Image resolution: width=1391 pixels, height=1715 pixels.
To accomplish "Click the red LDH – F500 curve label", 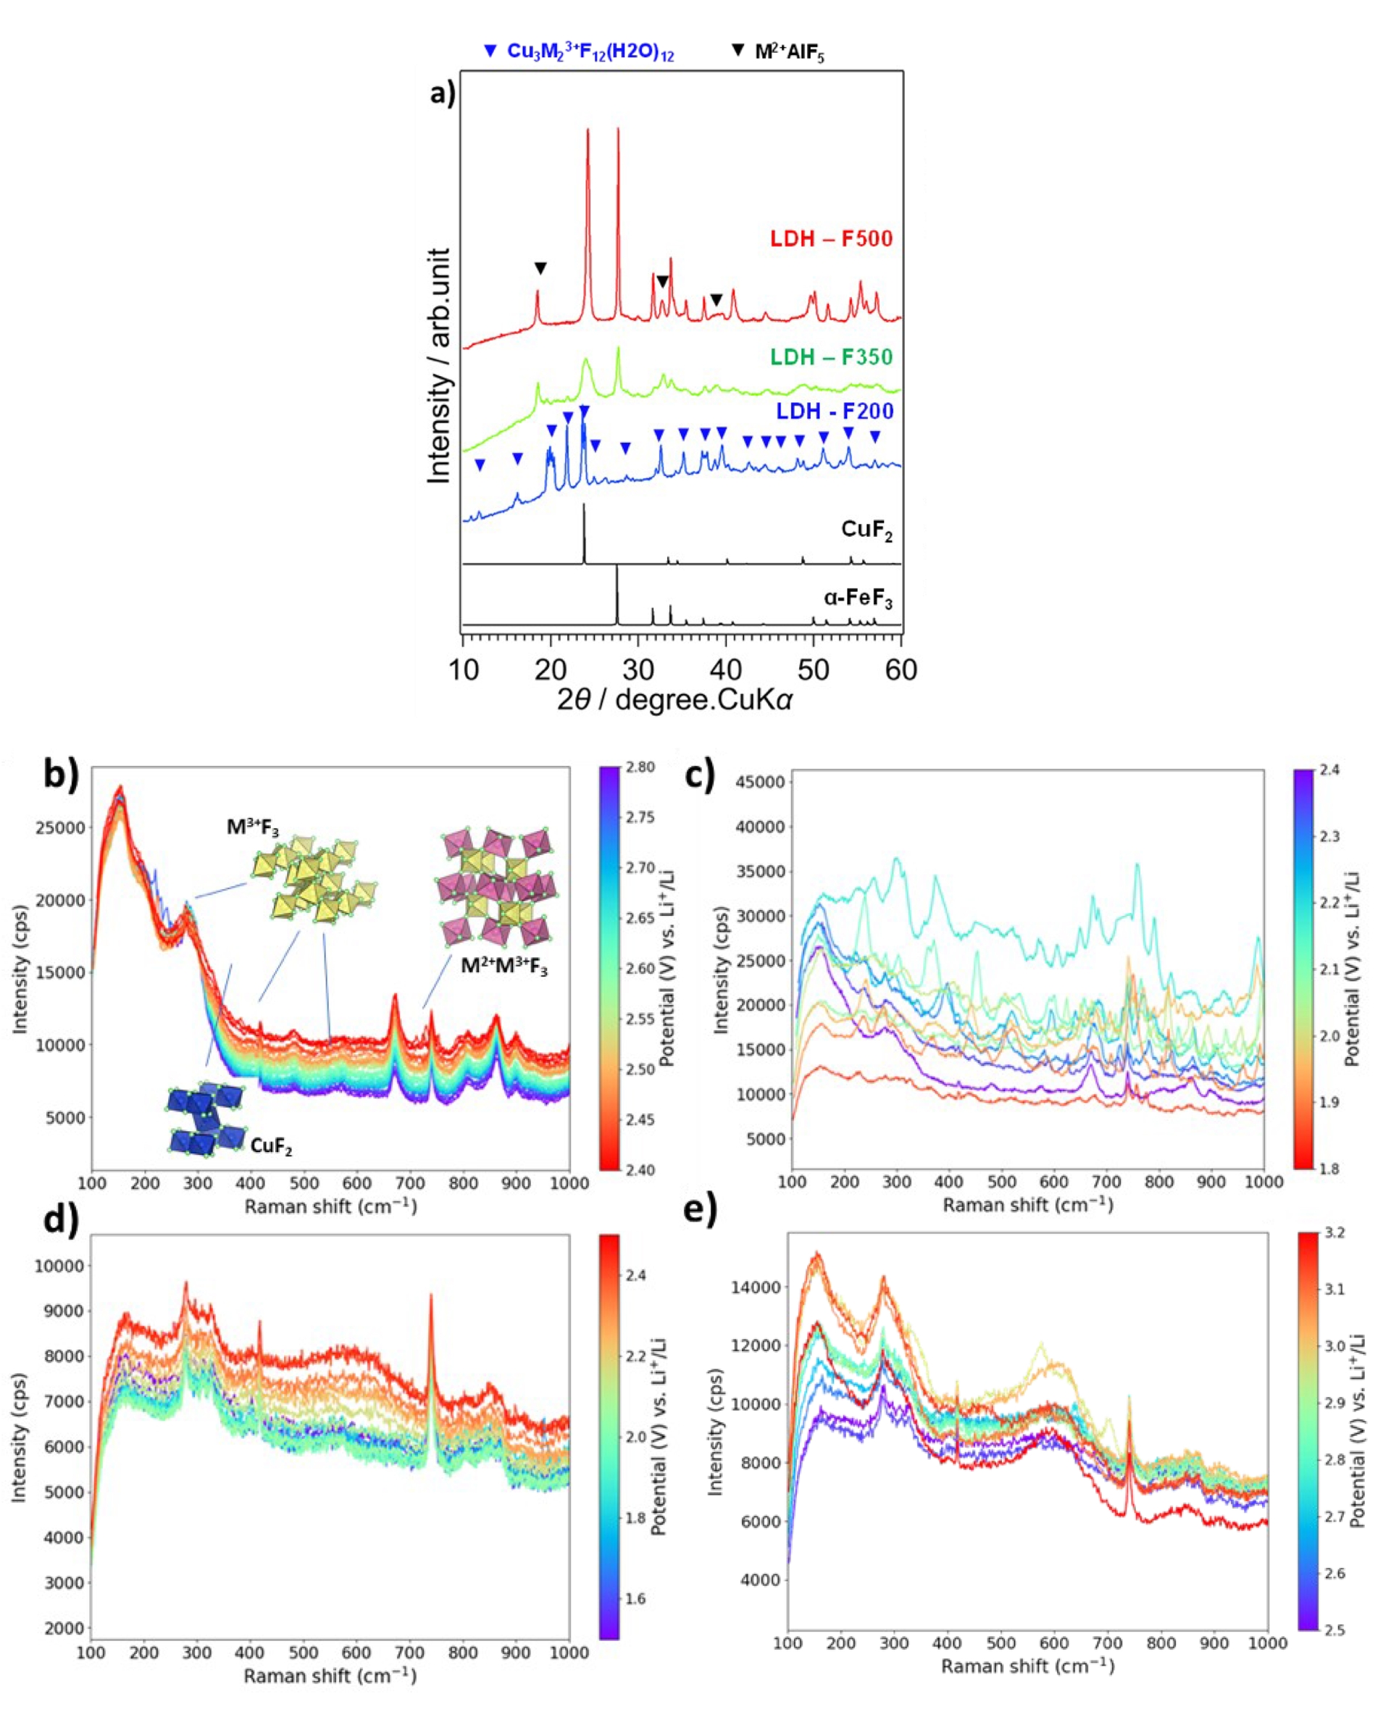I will pyautogui.click(x=831, y=239).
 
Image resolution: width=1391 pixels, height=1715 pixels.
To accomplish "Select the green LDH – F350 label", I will pyautogui.click(x=831, y=356).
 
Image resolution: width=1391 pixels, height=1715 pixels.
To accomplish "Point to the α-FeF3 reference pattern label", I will pyautogui.click(x=857, y=598).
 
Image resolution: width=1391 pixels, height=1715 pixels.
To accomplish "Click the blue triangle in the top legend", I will pyautogui.click(x=490, y=51).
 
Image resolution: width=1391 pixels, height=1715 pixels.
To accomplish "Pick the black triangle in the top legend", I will pyautogui.click(x=738, y=51).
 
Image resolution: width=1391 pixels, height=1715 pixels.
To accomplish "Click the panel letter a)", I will pyautogui.click(x=443, y=93).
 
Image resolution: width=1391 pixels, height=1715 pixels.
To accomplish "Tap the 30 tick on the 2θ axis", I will pyautogui.click(x=638, y=669).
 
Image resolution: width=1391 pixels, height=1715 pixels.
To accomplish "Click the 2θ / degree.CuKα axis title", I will pyautogui.click(x=674, y=701).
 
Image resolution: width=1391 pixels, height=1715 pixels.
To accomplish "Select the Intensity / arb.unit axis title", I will pyautogui.click(x=439, y=365).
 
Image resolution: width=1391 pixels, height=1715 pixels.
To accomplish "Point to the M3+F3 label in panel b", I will pyautogui.click(x=252, y=827).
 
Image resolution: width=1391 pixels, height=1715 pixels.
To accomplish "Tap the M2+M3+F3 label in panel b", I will pyautogui.click(x=504, y=967).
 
